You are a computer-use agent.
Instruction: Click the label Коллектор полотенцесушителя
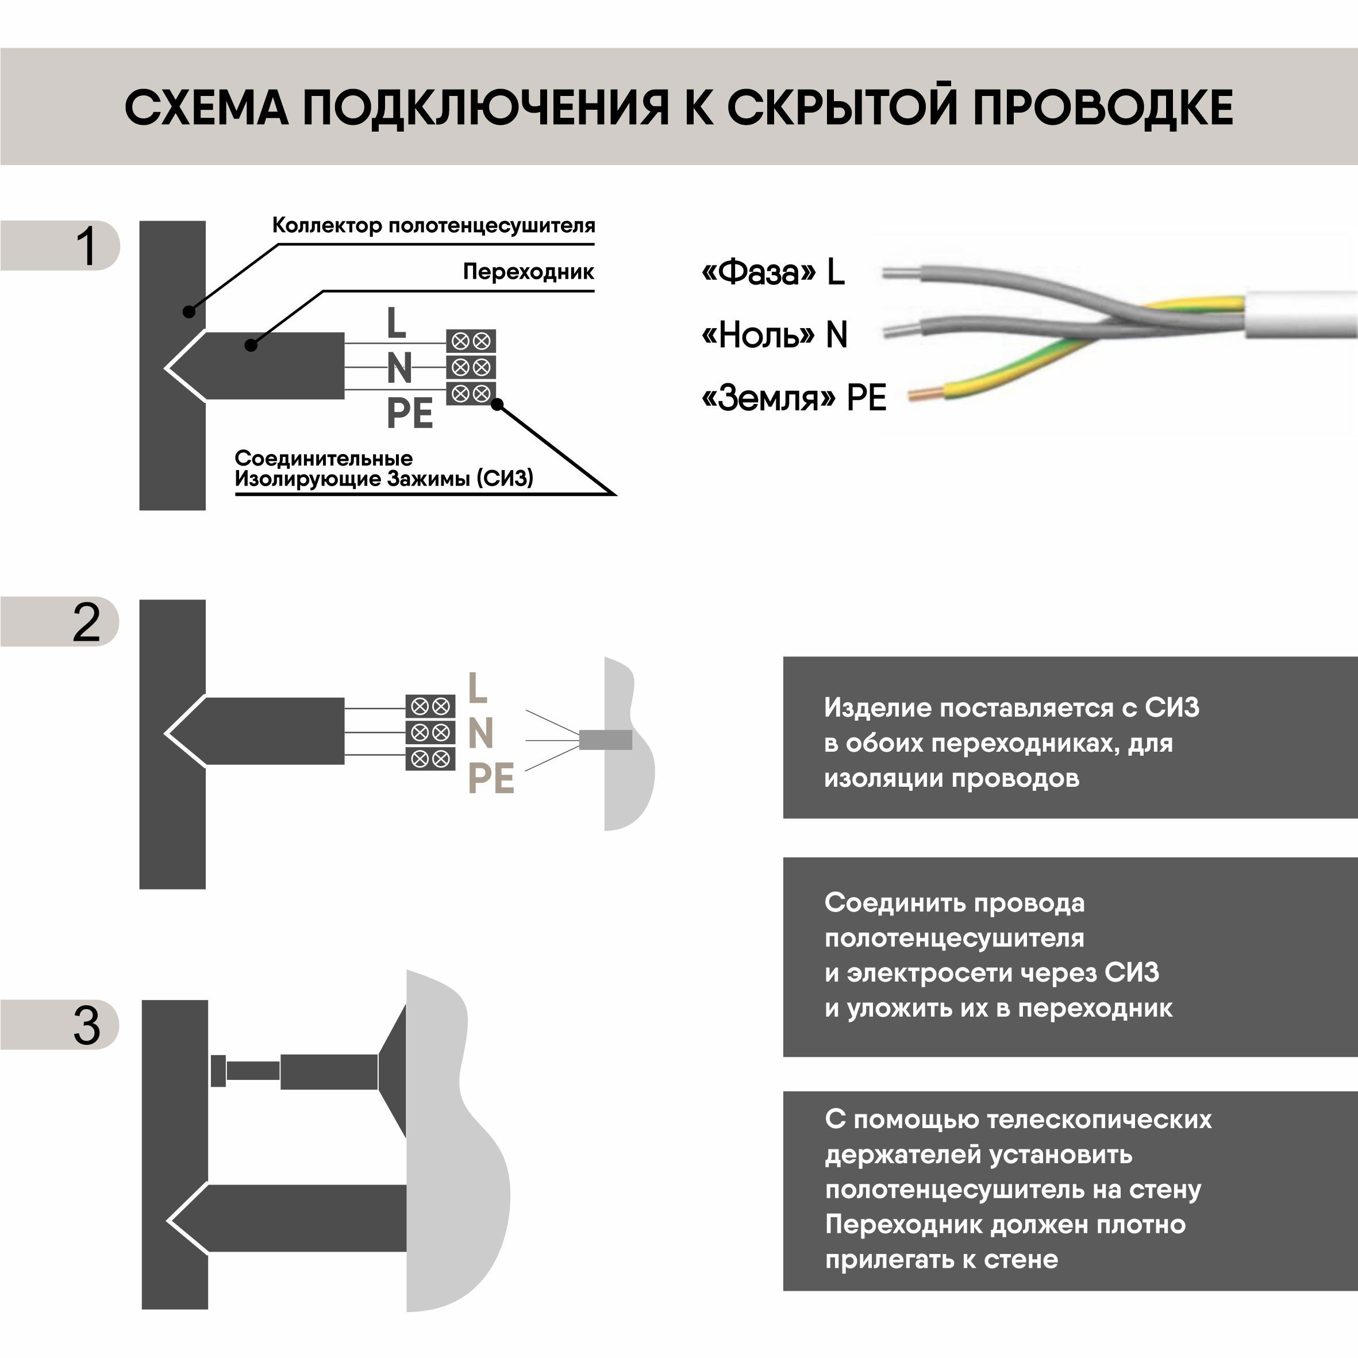pos(433,226)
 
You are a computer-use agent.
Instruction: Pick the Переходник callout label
pos(528,272)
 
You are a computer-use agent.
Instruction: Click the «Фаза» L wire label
pos(772,272)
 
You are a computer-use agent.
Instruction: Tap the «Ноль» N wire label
pos(774,335)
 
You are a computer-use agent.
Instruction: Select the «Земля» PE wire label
pos(794,398)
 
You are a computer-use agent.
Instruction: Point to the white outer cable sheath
pos(1301,312)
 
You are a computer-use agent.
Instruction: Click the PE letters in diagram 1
pos(410,413)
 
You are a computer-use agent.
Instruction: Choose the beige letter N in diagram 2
pos(481,733)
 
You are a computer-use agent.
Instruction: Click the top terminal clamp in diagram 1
pos(471,341)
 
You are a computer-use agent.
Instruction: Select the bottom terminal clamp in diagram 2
pos(430,759)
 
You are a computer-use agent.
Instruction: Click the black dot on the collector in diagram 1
pos(188,311)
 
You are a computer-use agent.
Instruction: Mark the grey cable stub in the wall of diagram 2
pos(605,740)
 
